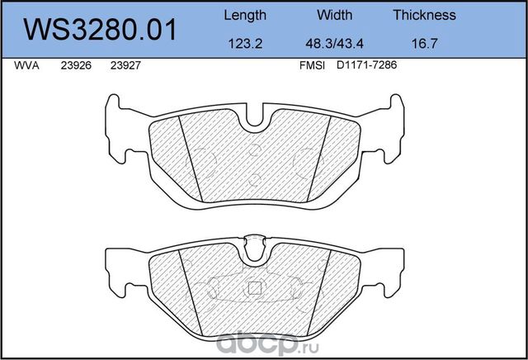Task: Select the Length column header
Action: click(x=245, y=15)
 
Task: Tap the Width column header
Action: click(x=334, y=15)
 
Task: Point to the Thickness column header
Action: click(x=424, y=15)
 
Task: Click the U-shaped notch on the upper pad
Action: click(x=258, y=119)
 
